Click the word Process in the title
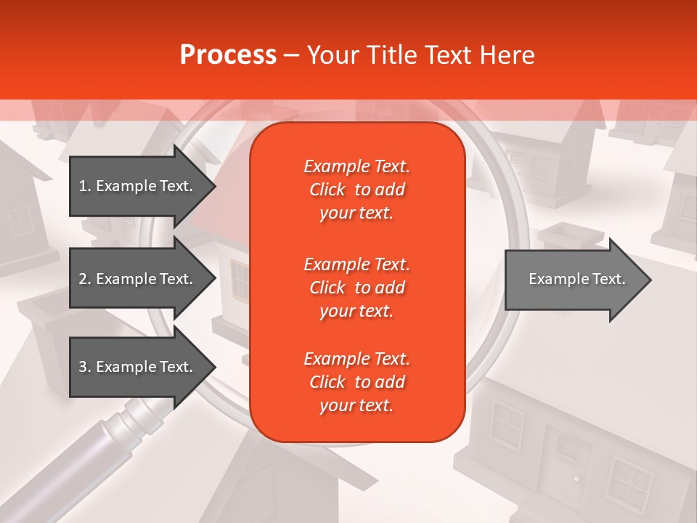pos(228,55)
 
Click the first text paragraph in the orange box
pos(356,190)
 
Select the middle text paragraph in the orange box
pos(356,287)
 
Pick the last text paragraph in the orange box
pos(356,382)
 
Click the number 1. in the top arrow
pos(85,186)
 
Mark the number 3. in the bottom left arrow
pos(85,367)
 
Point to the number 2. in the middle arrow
pos(85,279)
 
